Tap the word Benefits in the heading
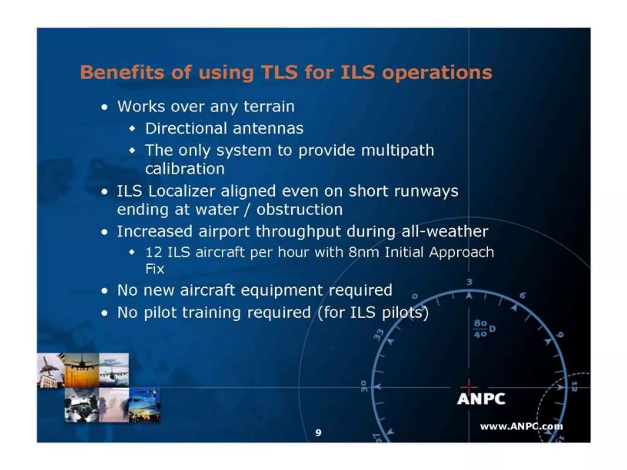point(121,73)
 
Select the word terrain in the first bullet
point(269,106)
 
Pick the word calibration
point(185,169)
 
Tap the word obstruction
point(299,210)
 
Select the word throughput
point(298,231)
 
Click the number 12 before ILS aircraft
point(153,252)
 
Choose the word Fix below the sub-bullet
point(155,269)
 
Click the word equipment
point(282,290)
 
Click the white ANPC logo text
point(481,399)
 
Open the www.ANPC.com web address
point(521,426)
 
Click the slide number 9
point(318,433)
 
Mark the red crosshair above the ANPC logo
point(468,387)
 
